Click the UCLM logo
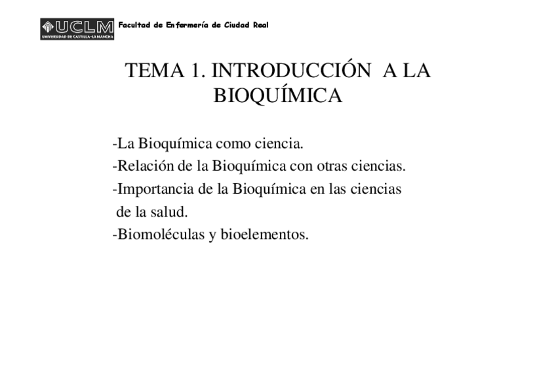click(x=77, y=28)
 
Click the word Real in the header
click(x=261, y=26)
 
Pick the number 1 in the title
click(x=197, y=71)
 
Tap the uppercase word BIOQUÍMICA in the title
click(x=278, y=96)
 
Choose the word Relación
click(x=143, y=166)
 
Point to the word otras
click(x=331, y=166)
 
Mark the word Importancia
click(x=151, y=189)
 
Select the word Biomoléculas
click(x=160, y=234)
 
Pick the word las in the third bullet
click(x=334, y=189)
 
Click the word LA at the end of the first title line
click(x=416, y=71)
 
